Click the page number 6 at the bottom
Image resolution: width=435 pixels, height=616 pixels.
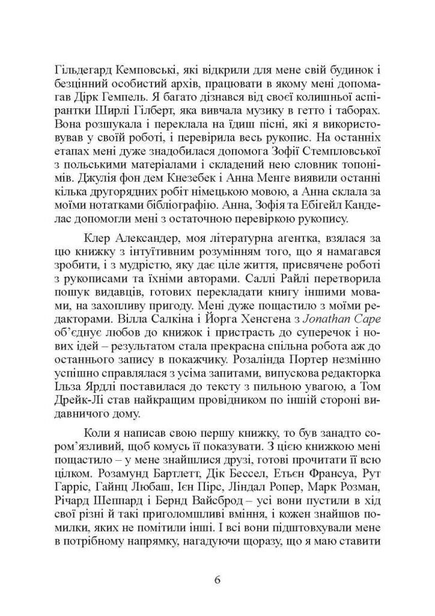(x=217, y=580)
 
